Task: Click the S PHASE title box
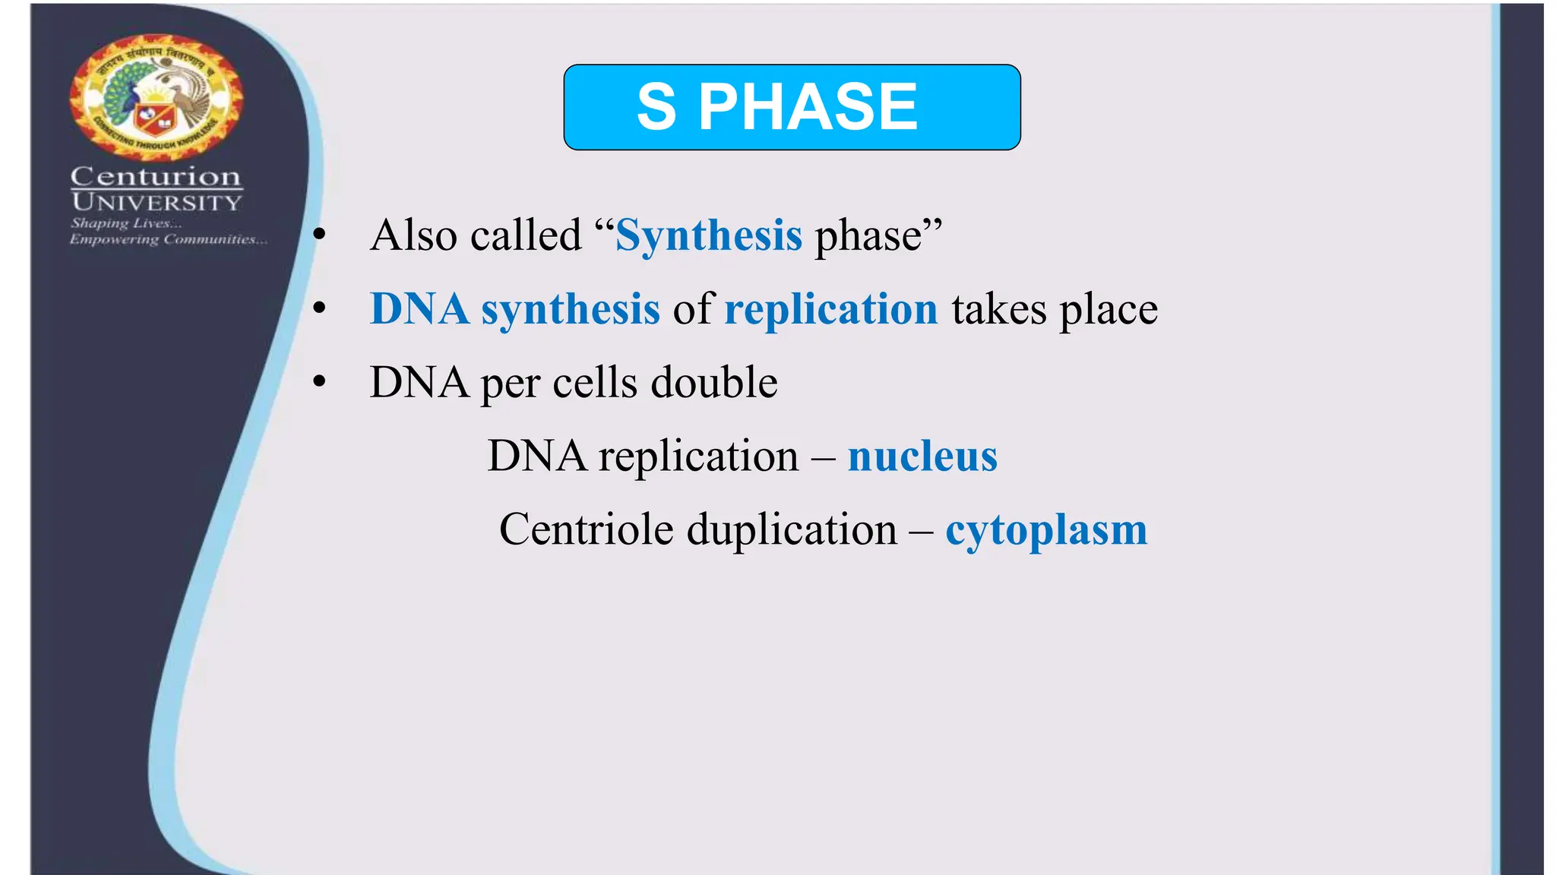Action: (792, 107)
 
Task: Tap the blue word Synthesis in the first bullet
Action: (709, 235)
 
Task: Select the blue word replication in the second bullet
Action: (831, 309)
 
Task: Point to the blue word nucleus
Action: (922, 456)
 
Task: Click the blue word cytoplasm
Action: (1046, 530)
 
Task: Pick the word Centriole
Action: (586, 529)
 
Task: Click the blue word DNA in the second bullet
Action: (419, 309)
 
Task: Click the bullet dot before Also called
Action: (320, 235)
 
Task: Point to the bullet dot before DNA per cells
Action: (320, 382)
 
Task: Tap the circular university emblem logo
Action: (157, 96)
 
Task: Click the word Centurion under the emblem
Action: (156, 176)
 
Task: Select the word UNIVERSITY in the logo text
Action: (157, 202)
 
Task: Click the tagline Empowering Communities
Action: (168, 239)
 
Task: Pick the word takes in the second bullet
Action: (998, 309)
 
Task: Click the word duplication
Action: (792, 529)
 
